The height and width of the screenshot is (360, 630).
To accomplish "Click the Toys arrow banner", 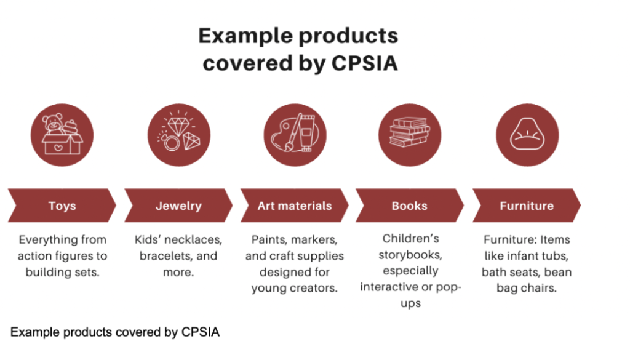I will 62,206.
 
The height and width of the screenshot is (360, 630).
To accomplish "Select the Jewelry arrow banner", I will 178,206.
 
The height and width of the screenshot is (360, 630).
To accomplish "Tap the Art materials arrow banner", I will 294,206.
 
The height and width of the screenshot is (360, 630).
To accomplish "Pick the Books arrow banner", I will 409,206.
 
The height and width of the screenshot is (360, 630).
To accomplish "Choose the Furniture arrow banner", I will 526,206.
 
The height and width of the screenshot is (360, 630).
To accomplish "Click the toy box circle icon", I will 62,135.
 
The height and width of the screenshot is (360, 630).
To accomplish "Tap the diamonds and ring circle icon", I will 178,135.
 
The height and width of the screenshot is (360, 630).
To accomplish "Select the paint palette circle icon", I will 295,135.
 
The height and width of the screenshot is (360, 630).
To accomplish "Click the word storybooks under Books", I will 409,254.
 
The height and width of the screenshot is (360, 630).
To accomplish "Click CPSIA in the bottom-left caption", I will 201,332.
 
